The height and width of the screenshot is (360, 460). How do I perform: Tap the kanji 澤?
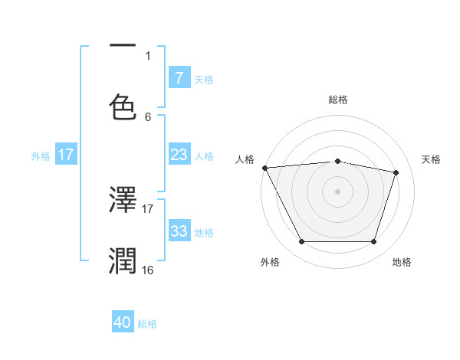point(123,201)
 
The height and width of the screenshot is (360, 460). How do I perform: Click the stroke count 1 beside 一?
point(148,55)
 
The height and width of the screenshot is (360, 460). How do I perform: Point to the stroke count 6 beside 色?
point(148,116)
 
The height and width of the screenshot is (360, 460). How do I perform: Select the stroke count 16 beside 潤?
point(148,270)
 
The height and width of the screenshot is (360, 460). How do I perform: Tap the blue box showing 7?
point(179,77)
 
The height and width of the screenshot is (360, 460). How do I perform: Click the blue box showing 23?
point(179,155)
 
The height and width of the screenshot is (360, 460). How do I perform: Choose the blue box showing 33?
point(179,231)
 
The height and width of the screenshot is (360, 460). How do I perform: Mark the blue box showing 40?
point(123,323)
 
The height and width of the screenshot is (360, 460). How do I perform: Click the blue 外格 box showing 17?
point(66,155)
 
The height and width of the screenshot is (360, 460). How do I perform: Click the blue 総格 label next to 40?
point(148,324)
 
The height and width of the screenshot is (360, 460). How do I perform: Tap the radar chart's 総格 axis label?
point(338,100)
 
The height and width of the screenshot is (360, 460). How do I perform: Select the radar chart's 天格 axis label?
point(432,159)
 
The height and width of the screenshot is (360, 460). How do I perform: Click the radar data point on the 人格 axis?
point(264,168)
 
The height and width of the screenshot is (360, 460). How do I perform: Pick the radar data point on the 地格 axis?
point(373,242)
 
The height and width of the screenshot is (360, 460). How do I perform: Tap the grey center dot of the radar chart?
point(338,191)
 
